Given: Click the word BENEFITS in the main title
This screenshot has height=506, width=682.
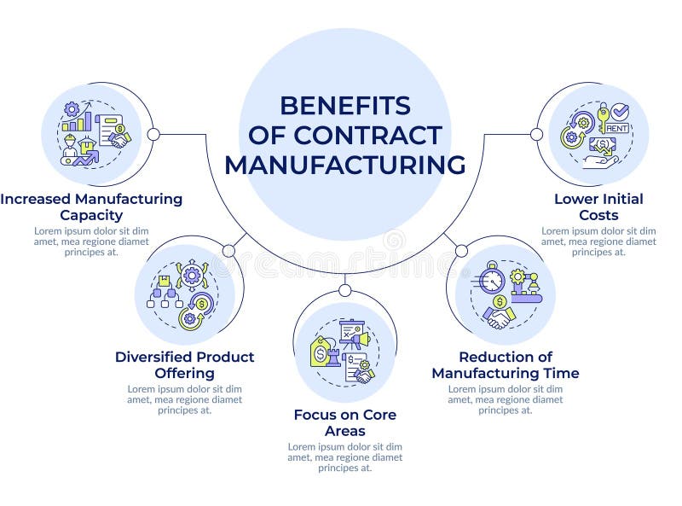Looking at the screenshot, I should (x=344, y=106).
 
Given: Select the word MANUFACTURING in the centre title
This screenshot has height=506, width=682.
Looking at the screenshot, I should (x=344, y=164).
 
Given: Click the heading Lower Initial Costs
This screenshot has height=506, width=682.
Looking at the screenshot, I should (x=598, y=206).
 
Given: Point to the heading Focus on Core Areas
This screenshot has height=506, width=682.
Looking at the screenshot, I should (x=344, y=422).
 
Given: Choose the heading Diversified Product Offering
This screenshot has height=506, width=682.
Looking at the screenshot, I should (x=184, y=364).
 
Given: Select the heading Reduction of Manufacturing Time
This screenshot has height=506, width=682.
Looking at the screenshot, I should (x=505, y=364).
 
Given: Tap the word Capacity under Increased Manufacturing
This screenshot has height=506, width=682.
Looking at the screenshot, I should (x=91, y=215).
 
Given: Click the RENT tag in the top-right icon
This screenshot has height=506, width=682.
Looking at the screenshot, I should (x=618, y=129).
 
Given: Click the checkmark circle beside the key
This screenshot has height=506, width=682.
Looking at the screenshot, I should (x=621, y=112).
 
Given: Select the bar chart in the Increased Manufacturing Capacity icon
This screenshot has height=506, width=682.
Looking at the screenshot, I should (x=76, y=122).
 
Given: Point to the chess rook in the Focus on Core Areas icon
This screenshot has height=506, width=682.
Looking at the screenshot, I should (x=334, y=354).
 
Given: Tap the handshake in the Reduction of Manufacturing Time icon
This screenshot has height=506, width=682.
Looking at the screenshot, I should (x=500, y=317).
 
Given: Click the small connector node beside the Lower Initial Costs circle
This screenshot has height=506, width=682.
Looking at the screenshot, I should (x=536, y=134).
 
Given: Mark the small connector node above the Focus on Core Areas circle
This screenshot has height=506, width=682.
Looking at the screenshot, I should (x=344, y=290).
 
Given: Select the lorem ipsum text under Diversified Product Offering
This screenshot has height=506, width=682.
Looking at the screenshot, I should (x=184, y=398).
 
